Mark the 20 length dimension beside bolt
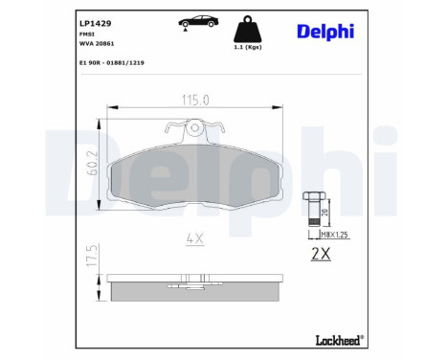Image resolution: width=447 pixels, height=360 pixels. pos(325,213)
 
